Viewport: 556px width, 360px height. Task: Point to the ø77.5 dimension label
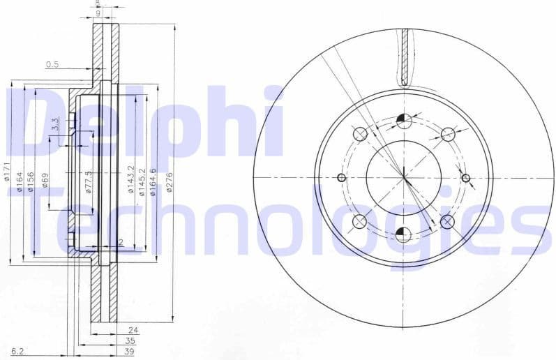tap(89, 181)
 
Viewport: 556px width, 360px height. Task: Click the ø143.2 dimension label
tap(131, 180)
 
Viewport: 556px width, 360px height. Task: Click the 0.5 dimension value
tap(52, 64)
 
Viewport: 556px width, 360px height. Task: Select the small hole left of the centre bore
tap(341, 177)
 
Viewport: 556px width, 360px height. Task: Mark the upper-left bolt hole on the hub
tap(360, 134)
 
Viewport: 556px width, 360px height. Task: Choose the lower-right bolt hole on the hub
tap(448, 221)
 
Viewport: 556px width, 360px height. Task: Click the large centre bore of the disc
tap(404, 177)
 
